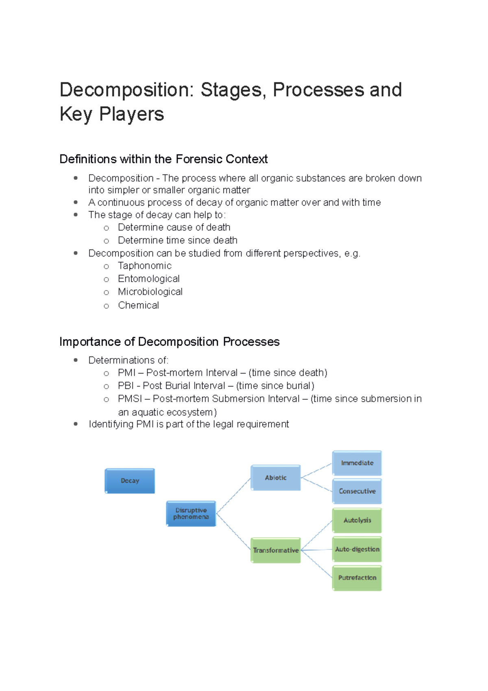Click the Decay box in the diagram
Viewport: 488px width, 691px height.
[x=130, y=481]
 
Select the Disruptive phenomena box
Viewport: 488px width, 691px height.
[x=191, y=514]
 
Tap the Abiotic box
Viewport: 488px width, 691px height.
[x=276, y=478]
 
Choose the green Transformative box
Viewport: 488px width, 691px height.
[x=276, y=550]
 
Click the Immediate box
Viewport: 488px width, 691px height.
[x=357, y=463]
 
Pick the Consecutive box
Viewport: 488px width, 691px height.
[x=357, y=491]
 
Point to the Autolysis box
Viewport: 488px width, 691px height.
[x=357, y=520]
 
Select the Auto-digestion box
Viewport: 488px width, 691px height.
[x=357, y=549]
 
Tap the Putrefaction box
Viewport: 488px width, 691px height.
[x=357, y=578]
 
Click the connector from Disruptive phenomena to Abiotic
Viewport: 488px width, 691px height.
[x=233, y=496]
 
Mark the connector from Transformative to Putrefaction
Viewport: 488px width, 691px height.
[x=317, y=564]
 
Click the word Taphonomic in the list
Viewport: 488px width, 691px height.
[x=145, y=266]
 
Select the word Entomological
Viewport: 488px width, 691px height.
[x=149, y=279]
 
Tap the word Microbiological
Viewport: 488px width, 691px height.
[x=150, y=292]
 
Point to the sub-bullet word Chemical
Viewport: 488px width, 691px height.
[x=138, y=305]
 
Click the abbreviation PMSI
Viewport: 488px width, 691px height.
[x=130, y=399]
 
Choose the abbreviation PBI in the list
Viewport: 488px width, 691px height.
[x=126, y=386]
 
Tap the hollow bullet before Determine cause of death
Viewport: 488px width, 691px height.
[x=107, y=228]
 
